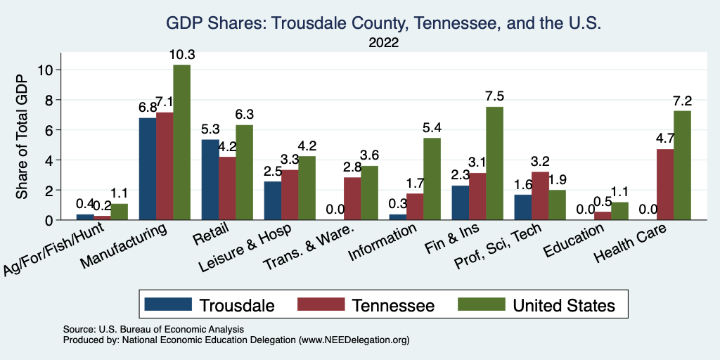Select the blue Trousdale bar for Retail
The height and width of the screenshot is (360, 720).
tap(210, 180)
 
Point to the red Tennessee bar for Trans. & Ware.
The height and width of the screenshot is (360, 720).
tap(352, 198)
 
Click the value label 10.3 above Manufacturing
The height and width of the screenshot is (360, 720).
tap(181, 55)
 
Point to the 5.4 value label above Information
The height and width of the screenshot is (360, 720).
tap(432, 128)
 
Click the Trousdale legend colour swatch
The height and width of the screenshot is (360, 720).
tap(168, 304)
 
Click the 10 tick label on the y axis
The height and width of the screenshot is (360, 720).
tap(46, 70)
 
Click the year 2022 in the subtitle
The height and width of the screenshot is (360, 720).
tap(383, 43)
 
